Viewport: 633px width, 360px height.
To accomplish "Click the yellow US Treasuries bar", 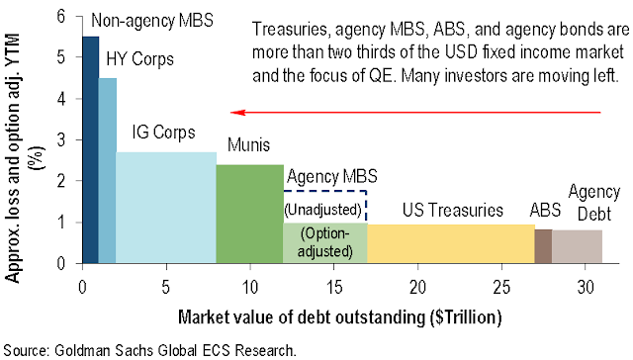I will click(451, 243).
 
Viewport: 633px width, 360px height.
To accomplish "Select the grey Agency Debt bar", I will click(577, 246).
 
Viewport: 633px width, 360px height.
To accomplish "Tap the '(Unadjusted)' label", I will click(325, 210).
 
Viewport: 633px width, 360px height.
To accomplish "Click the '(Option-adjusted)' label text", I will click(325, 242).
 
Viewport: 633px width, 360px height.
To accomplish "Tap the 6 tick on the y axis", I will click(62, 16).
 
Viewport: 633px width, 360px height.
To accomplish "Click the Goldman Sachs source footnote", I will click(154, 348).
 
